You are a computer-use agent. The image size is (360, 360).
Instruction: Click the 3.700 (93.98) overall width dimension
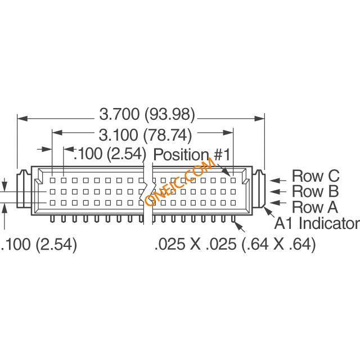tap(147, 115)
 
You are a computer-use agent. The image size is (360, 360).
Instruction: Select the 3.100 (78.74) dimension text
tap(146, 135)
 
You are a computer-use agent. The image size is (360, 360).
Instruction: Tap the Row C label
tap(315, 176)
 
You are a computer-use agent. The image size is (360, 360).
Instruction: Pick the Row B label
tap(315, 191)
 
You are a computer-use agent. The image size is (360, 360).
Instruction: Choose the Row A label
tap(315, 206)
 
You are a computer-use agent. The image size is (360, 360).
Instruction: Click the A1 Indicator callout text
tap(317, 224)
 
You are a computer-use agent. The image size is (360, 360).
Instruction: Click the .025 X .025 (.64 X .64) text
tap(235, 245)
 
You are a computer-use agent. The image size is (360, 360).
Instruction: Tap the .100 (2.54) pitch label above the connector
tap(110, 154)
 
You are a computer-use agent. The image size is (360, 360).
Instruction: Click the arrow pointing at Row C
tap(276, 181)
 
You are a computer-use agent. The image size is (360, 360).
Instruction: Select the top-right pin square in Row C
tap(233, 181)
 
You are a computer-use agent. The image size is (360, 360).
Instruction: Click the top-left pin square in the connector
tap(52, 181)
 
